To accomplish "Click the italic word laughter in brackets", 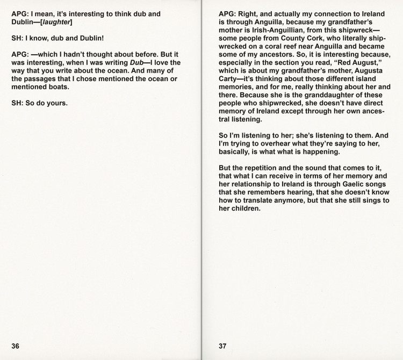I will (x=56, y=22).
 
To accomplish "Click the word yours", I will (x=56, y=103).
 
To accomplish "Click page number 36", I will (x=16, y=346).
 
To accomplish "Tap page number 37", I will (x=222, y=346).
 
